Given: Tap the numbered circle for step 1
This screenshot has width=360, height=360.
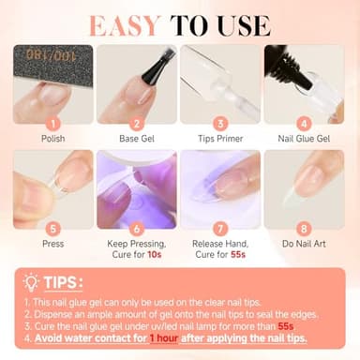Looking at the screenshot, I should (x=52, y=123).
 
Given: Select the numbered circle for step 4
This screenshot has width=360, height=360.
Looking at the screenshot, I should (x=305, y=123).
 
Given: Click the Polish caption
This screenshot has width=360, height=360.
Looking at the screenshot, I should (x=52, y=140).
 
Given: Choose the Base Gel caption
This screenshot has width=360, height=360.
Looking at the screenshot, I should (x=137, y=140).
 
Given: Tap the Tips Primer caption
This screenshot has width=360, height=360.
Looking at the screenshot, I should (x=221, y=140).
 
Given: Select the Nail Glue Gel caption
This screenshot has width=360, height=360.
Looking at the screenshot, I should (x=305, y=140).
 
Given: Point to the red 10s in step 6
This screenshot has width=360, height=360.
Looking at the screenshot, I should (x=157, y=256).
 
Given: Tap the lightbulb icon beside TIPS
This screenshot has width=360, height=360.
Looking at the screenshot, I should (x=32, y=281).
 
